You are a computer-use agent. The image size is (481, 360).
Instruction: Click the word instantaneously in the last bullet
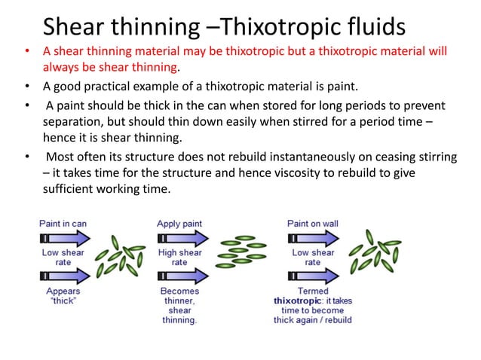(302, 157)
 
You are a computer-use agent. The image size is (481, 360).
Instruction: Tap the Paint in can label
(63, 223)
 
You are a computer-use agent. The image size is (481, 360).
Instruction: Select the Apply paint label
(179, 223)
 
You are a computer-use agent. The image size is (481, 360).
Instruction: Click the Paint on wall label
(312, 223)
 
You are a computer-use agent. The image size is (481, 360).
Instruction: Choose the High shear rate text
(179, 258)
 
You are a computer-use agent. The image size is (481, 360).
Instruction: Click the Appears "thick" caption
(63, 296)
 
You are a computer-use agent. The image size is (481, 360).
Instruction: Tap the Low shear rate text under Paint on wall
(312, 258)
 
